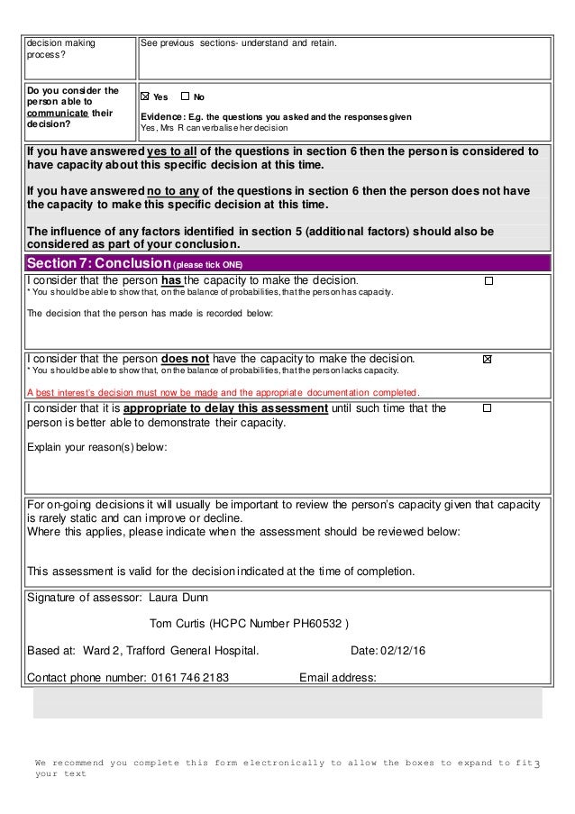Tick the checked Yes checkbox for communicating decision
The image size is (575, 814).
(x=145, y=96)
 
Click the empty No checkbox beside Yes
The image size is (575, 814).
(x=185, y=96)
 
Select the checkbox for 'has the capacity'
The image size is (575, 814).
(x=488, y=281)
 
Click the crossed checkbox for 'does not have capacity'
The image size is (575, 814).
(x=488, y=359)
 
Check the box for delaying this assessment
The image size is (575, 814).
(x=488, y=408)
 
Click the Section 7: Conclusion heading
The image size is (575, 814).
(x=94, y=263)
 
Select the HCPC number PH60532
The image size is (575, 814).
(x=318, y=623)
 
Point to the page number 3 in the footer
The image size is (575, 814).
(x=537, y=765)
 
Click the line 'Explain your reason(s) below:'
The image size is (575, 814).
(x=96, y=446)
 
